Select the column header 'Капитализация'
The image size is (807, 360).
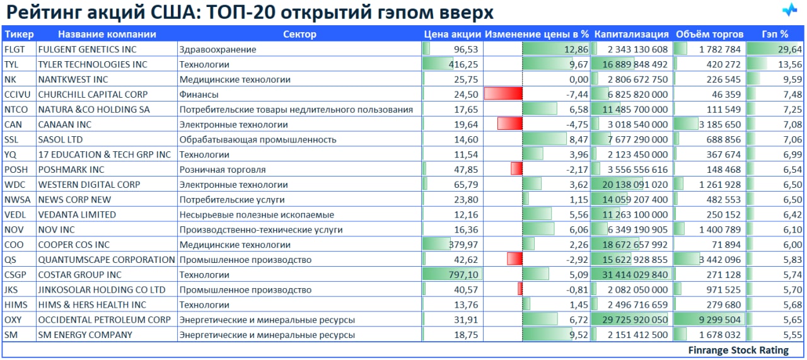pos(631,34)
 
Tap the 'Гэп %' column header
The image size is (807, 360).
pos(775,34)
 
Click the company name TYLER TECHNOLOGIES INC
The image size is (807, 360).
pos(93,64)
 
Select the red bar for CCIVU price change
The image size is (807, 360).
pos(503,94)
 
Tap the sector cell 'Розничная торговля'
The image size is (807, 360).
pos(222,170)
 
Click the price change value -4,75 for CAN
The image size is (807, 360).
pos(578,124)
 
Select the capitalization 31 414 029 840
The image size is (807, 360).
pos(631,275)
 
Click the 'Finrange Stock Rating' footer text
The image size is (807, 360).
pos(738,351)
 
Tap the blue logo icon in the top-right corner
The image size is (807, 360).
pos(790,11)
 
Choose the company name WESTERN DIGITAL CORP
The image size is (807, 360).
pos(89,185)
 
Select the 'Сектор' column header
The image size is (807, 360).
pos(299,34)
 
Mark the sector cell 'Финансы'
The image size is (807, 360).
pos(199,95)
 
